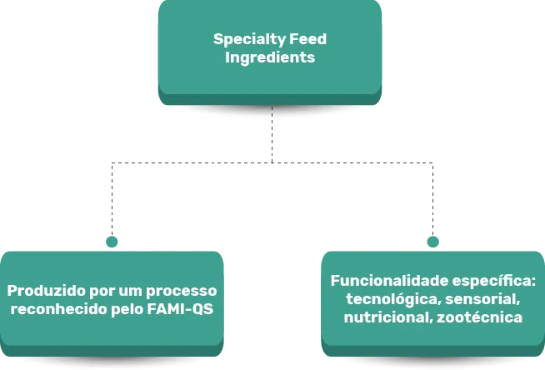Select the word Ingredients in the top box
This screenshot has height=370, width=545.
(270, 58)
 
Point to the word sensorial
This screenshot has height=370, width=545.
(480, 298)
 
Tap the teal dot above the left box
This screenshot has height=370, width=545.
(111, 240)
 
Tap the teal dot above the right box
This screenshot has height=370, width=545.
(432, 240)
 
